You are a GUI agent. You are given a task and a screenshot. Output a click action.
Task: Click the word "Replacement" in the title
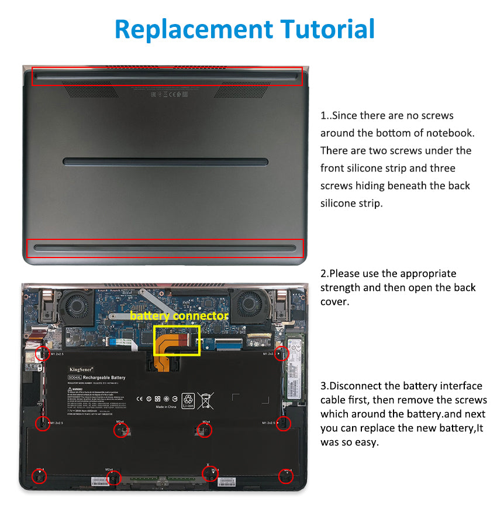193,29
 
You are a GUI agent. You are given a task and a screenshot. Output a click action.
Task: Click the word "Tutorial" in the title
327,29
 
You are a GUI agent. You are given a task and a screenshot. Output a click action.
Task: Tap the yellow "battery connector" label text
178,316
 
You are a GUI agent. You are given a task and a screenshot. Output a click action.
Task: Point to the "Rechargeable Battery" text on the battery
103,378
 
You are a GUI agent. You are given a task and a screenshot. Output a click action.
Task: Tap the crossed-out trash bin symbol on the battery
205,400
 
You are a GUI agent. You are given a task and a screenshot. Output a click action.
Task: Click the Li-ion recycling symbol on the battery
188,400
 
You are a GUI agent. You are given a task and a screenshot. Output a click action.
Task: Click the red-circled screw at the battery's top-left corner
42,353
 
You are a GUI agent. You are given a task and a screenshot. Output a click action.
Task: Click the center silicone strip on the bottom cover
165,161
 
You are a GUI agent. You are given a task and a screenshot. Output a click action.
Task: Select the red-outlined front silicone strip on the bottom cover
165,248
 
